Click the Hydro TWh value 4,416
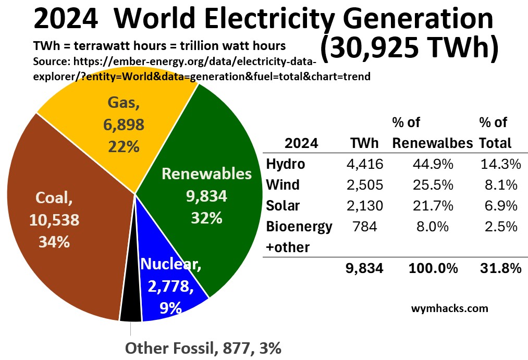tap(365, 164)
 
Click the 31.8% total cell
tap(500, 268)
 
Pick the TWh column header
tap(365, 143)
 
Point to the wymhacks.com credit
tap(449, 308)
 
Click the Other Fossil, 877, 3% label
tap(205, 347)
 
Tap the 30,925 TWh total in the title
tap(409, 48)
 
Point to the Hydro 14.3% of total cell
tap(500, 164)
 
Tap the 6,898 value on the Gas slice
tap(124, 125)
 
